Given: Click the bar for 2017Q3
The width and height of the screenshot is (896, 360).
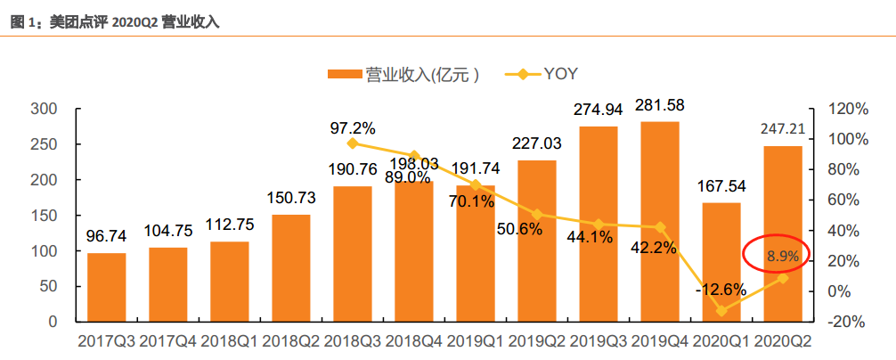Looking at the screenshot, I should pyautogui.click(x=106, y=287).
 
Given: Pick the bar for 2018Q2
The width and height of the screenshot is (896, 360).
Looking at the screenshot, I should pyautogui.click(x=291, y=267).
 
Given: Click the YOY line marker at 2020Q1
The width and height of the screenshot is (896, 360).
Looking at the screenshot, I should pyautogui.click(x=721, y=310).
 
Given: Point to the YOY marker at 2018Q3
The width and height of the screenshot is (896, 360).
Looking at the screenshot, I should pyautogui.click(x=353, y=143).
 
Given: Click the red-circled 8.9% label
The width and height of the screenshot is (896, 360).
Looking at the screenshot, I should pyautogui.click(x=776, y=257).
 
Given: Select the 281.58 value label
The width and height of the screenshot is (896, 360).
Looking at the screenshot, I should pyautogui.click(x=660, y=107).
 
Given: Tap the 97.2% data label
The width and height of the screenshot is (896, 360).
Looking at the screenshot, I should pyautogui.click(x=353, y=127).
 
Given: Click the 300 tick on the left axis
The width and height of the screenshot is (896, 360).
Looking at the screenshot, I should pyautogui.click(x=44, y=109).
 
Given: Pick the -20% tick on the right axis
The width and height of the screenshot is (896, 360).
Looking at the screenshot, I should pyautogui.click(x=848, y=322).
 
